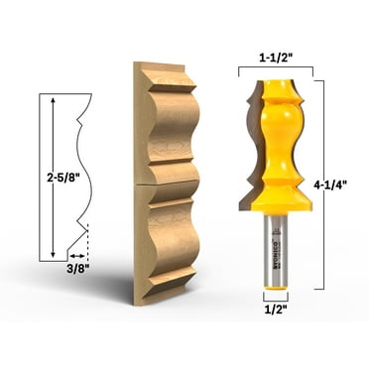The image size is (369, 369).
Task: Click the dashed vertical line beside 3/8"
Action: (x=87, y=243)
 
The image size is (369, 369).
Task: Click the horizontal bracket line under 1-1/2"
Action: (x=276, y=70)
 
